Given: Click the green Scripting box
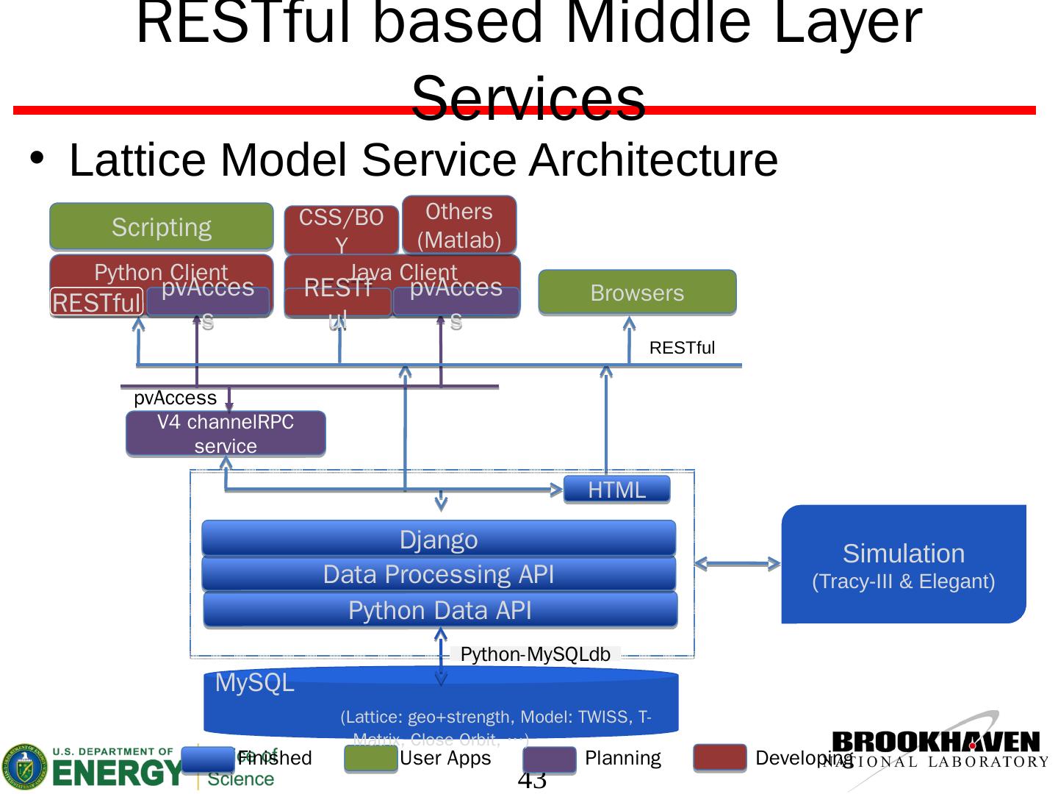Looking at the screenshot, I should (x=161, y=226).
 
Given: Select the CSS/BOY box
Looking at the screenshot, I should (x=342, y=229).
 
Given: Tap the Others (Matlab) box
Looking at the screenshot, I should (x=459, y=225).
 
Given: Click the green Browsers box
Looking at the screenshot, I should (x=637, y=293).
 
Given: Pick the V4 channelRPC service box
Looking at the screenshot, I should (x=226, y=434).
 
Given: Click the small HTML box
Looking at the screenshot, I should (x=616, y=490).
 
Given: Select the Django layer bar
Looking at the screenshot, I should (x=439, y=539).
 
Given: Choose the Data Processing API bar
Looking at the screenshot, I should (x=439, y=574).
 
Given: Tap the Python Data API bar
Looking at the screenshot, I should (x=439, y=610).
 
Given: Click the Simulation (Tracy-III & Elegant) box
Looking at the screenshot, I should (x=903, y=565).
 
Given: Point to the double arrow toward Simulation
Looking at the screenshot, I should (x=737, y=564).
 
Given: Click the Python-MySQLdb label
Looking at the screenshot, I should (x=535, y=654).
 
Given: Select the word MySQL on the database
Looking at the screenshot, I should (x=254, y=683).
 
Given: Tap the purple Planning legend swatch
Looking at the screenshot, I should (x=550, y=759).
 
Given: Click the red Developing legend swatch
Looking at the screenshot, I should (x=719, y=759).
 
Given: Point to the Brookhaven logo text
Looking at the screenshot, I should (x=936, y=743).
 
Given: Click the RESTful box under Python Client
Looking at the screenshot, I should (x=96, y=302).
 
